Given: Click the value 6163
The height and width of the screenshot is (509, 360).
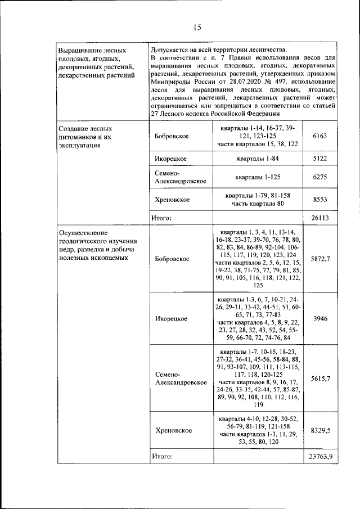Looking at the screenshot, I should [319, 136].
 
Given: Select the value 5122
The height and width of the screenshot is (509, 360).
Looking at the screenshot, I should [319, 159].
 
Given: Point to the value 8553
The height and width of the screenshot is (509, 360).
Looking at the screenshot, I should [319, 200].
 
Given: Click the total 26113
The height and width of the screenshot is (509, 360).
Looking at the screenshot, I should [319, 218].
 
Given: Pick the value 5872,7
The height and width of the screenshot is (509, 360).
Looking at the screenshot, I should [319, 259].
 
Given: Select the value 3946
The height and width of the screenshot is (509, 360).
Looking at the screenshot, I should [319, 318].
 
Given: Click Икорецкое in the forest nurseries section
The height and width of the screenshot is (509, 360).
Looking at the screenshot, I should [170, 159].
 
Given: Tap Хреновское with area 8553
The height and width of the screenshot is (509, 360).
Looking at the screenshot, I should [172, 200].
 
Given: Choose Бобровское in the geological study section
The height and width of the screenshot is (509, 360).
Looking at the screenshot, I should [172, 259].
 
